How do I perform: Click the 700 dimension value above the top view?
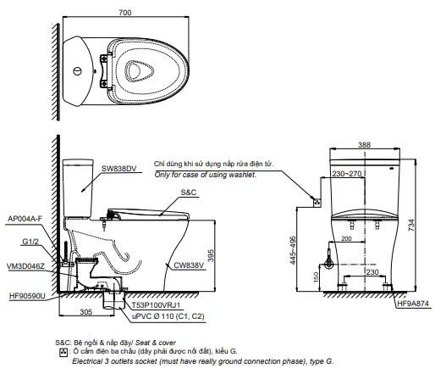[x=125, y=13]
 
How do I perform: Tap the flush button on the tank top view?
[x=77, y=70]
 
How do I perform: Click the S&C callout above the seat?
[x=189, y=193]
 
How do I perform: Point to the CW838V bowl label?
[x=189, y=265]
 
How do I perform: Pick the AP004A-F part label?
[x=25, y=219]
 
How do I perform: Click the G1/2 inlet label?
[x=30, y=242]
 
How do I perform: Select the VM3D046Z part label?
[x=26, y=266]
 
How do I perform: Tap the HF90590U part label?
[x=27, y=296]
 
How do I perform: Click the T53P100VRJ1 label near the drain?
[x=157, y=305]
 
